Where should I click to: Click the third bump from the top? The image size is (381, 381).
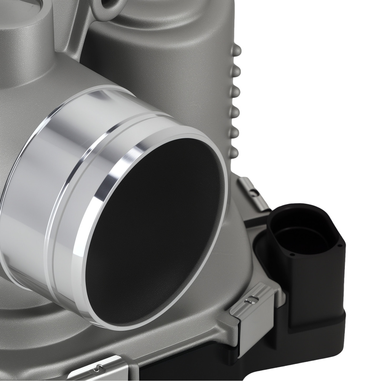coord(235,91)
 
